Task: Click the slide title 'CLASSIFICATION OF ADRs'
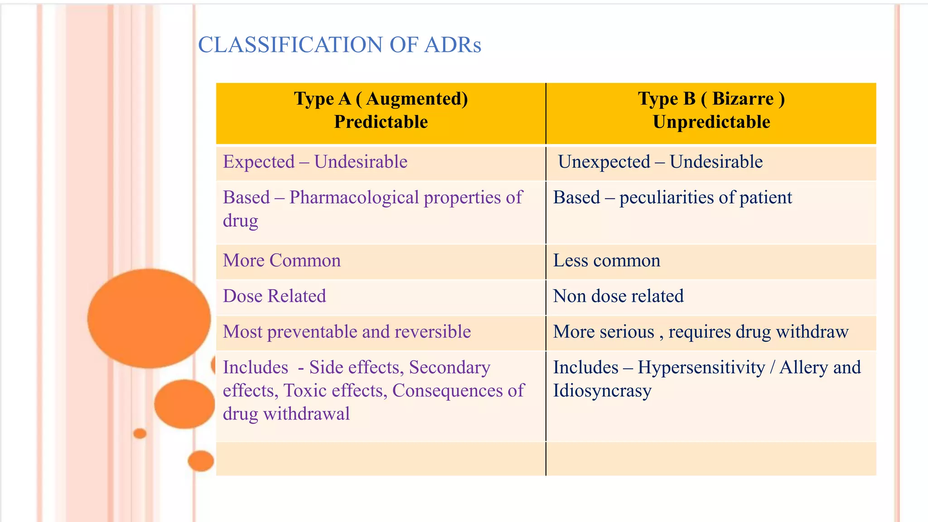(x=339, y=45)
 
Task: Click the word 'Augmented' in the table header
(x=417, y=99)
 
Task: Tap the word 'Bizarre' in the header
(x=743, y=99)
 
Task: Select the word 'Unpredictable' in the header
(x=711, y=122)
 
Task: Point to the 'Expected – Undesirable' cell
(x=315, y=162)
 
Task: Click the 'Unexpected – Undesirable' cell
(x=660, y=162)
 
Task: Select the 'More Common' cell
(x=281, y=261)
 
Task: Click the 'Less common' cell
(x=607, y=261)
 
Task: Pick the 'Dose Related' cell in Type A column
(x=274, y=296)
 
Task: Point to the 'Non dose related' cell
(x=618, y=296)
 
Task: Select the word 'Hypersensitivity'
(x=701, y=367)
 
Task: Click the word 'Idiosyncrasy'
(x=602, y=391)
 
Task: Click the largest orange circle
(x=149, y=318)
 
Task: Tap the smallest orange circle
(x=140, y=434)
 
